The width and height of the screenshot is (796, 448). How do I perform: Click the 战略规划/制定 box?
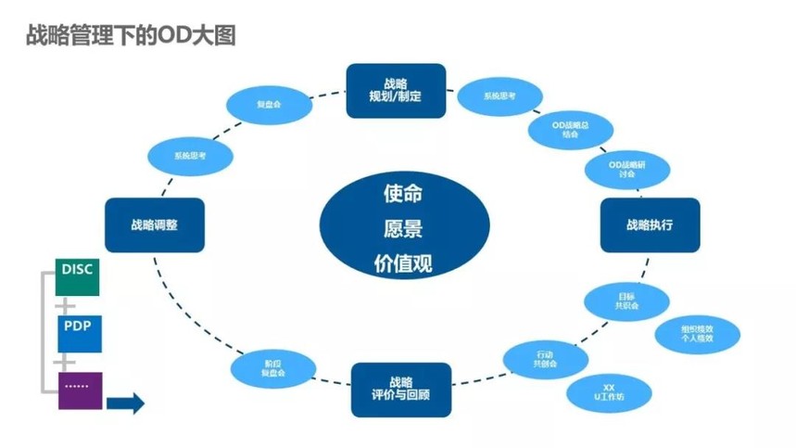396,90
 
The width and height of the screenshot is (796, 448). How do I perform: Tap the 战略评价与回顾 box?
401,390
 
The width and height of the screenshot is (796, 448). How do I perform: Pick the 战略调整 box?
154,224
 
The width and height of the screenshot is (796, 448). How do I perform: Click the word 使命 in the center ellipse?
403,194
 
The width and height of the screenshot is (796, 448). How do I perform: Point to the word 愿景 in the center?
403,228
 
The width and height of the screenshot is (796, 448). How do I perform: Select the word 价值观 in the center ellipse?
403,263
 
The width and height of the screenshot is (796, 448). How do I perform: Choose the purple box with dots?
80,390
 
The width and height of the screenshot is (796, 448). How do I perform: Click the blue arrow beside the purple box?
125,403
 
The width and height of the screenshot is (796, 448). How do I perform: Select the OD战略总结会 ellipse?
570,129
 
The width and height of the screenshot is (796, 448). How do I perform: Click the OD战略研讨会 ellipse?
626,169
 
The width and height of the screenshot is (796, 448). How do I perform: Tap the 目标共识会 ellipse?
626,300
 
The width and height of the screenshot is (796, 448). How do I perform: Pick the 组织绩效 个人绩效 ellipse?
696,334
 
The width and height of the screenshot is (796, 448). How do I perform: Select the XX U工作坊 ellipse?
609,392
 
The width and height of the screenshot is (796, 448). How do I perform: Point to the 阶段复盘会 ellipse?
272,368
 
